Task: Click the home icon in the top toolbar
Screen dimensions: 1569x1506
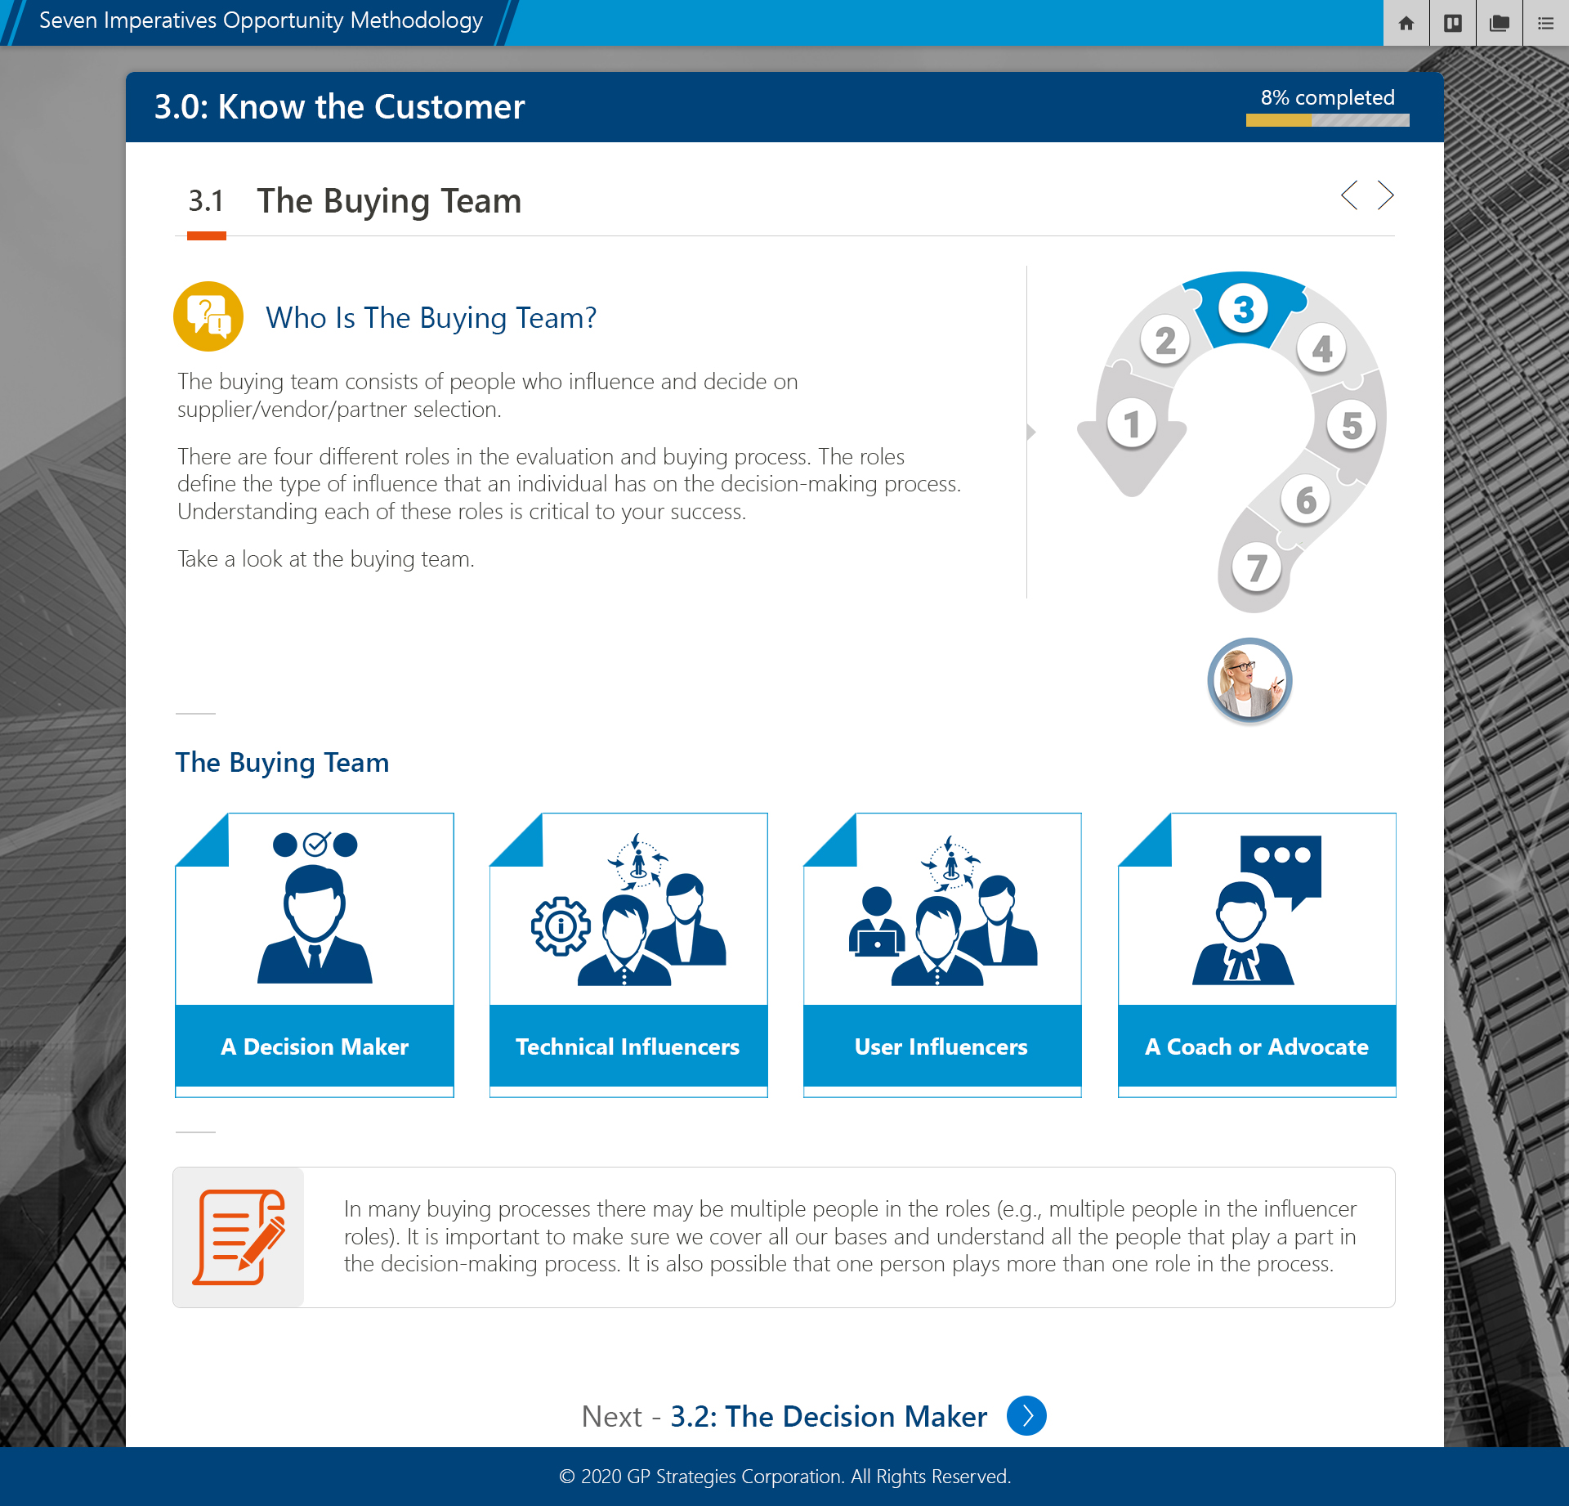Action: pos(1406,23)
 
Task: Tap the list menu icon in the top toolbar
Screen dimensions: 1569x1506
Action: pos(1545,23)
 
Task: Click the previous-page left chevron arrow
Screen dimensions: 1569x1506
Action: pos(1349,195)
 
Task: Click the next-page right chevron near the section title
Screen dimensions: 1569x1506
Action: pos(1385,195)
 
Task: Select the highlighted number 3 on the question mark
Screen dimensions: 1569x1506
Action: pos(1243,309)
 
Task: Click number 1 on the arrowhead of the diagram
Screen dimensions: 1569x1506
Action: pos(1132,424)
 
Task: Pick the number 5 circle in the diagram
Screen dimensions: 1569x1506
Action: pos(1352,425)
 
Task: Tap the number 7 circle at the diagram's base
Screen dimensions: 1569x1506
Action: pos(1257,567)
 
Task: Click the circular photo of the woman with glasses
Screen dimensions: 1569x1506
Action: pos(1249,680)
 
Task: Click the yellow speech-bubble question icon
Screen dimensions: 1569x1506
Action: pos(208,316)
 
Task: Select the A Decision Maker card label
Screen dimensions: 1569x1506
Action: pos(315,1047)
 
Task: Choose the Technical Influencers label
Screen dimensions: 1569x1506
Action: pos(628,1047)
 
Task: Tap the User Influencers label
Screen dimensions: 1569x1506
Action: pos(941,1047)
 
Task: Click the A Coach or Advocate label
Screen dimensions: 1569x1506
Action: pos(1257,1047)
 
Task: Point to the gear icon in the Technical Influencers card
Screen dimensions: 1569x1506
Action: pos(561,926)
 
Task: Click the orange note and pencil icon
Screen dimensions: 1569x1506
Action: pos(239,1237)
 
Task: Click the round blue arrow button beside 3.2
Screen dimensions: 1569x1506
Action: pos(1026,1415)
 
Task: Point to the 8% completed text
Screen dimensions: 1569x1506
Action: pos(1327,97)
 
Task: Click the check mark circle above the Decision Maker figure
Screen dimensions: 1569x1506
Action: pos(316,844)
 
